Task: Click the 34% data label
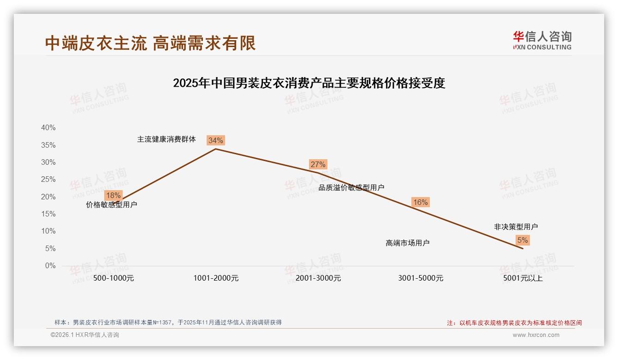pyautogui.click(x=215, y=140)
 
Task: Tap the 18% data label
pyautogui.click(x=113, y=195)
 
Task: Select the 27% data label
pyautogui.click(x=318, y=164)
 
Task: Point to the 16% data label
pyautogui.click(x=420, y=202)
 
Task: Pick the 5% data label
pyautogui.click(x=523, y=240)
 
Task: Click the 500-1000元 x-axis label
pyautogui.click(x=113, y=278)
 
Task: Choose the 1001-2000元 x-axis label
pyautogui.click(x=216, y=278)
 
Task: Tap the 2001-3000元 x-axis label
pyautogui.click(x=318, y=278)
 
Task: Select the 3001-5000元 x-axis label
pyautogui.click(x=421, y=278)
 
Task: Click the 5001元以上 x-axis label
pyautogui.click(x=523, y=278)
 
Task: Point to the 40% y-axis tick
pyautogui.click(x=48, y=128)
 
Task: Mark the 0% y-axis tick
pyautogui.click(x=50, y=266)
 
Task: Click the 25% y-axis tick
pyautogui.click(x=48, y=180)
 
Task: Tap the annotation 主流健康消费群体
pyautogui.click(x=166, y=139)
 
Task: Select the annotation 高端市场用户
pyautogui.click(x=407, y=243)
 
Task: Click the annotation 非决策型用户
pyautogui.click(x=516, y=227)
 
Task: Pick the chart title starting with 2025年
pyautogui.click(x=309, y=83)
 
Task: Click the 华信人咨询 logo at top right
pyautogui.click(x=542, y=40)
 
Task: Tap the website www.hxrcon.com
pyautogui.click(x=536, y=335)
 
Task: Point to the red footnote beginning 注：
pyautogui.click(x=514, y=323)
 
